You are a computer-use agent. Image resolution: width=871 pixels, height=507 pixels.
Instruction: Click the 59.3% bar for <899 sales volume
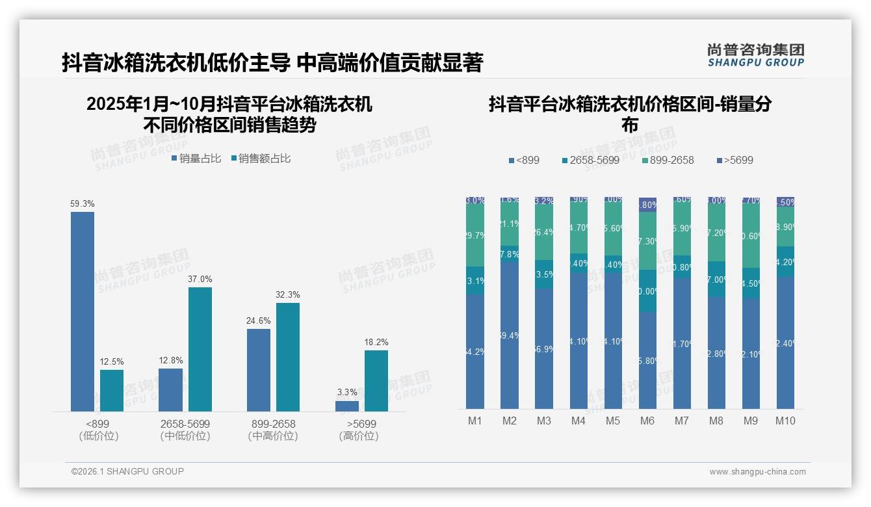pos(83,311)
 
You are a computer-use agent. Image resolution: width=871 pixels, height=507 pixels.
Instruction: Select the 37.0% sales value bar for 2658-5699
pos(200,349)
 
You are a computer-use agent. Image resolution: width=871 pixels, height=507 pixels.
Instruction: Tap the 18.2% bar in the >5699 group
pos(376,381)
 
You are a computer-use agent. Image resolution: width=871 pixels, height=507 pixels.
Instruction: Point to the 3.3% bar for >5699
pos(347,406)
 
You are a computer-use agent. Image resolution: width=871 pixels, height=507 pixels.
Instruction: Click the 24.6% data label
pos(259,320)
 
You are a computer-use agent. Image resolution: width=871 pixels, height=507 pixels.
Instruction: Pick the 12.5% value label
pos(112,361)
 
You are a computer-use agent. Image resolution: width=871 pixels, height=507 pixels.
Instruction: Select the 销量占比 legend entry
pos(196,158)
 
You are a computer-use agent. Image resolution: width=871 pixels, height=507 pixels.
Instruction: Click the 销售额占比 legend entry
pos(261,158)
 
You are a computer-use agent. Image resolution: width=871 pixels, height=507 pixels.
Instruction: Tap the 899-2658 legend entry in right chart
pos(668,160)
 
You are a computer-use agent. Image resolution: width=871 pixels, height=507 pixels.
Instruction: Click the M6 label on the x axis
pos(647,421)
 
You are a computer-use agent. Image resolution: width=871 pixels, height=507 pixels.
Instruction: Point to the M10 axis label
pos(785,421)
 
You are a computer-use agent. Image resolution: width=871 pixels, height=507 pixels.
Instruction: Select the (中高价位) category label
pos(273,436)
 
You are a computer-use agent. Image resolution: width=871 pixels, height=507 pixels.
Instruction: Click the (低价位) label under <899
pos(97,436)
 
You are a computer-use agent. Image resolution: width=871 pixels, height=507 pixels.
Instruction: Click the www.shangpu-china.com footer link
pos(757,472)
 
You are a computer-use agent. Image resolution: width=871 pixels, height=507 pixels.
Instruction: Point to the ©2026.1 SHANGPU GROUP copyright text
pos(127,471)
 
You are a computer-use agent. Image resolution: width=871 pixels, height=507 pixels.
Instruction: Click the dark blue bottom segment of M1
pos(475,352)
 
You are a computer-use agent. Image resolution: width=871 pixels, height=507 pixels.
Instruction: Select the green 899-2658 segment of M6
pos(647,240)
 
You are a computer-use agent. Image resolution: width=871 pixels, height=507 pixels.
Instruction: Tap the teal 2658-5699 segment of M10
pos(785,262)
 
